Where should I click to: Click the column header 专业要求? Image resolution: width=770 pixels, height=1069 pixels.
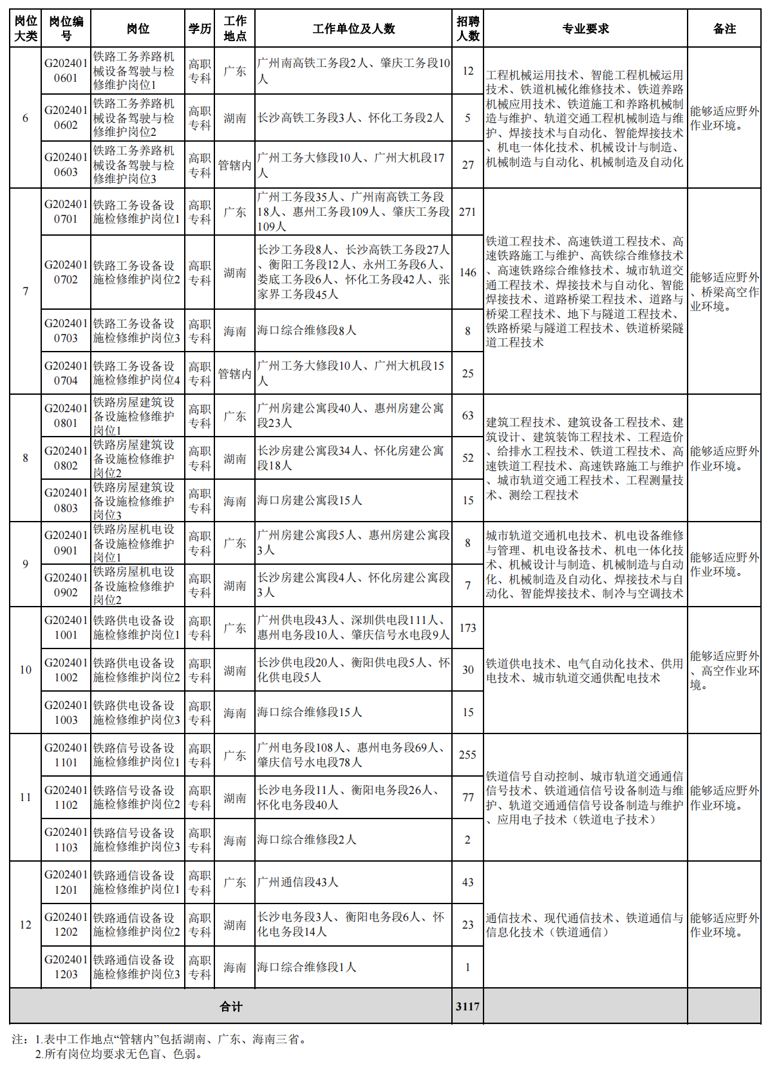(x=585, y=29)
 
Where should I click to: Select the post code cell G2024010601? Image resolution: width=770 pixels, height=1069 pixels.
(x=66, y=71)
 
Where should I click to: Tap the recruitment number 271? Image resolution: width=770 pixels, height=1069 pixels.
(x=467, y=212)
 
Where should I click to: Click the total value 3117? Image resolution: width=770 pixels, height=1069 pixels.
(x=467, y=1007)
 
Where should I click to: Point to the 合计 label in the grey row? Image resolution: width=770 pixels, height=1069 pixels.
(x=230, y=1007)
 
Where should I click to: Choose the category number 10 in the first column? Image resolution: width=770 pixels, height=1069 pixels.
(x=25, y=670)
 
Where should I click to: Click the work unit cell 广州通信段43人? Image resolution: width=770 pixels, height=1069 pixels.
(x=297, y=882)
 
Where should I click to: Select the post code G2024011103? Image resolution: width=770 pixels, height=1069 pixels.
(x=66, y=840)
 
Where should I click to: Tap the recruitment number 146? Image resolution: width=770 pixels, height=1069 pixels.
(x=467, y=272)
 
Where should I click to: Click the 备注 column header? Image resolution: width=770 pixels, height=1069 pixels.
(x=724, y=29)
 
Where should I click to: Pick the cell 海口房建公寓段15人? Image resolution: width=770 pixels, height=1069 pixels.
(x=310, y=500)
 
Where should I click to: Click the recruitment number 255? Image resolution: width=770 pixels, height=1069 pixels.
(x=467, y=755)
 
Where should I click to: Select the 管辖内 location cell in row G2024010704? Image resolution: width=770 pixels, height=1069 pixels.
(x=234, y=374)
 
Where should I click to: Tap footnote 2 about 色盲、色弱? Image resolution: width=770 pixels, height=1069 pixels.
(x=119, y=1054)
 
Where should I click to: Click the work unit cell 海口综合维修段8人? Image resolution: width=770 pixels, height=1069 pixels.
(x=306, y=330)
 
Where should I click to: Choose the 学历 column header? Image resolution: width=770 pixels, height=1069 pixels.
(x=200, y=29)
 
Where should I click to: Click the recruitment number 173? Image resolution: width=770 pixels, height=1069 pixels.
(x=467, y=628)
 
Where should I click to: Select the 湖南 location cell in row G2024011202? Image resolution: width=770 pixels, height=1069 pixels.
(x=234, y=925)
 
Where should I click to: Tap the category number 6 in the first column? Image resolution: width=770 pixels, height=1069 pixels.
(x=25, y=118)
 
